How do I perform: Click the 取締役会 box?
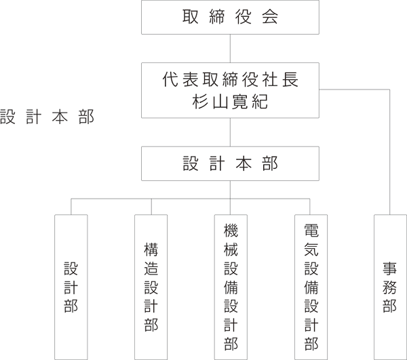tap(230, 17)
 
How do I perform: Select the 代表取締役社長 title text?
tap(230, 79)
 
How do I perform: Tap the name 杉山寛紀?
tap(230, 101)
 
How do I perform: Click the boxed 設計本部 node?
tap(230, 163)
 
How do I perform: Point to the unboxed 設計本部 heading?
tap(47, 117)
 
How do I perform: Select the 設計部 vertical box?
tap(71, 287)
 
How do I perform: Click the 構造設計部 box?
tap(151, 287)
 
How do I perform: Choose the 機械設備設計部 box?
tap(231, 287)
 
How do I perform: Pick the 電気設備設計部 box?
tap(311, 287)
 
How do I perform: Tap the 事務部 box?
tap(390, 287)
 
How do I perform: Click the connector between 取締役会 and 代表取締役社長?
tap(230, 49)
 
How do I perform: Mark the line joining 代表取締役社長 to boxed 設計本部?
tap(230, 132)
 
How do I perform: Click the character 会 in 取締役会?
tap(270, 16)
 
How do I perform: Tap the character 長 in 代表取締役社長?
tap(290, 79)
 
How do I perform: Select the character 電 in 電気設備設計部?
tap(311, 231)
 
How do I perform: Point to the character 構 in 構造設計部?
tap(151, 249)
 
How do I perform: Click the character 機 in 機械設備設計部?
tap(231, 231)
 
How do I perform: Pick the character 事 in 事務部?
tap(390, 268)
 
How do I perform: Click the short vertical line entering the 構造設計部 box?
tap(151, 207)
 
